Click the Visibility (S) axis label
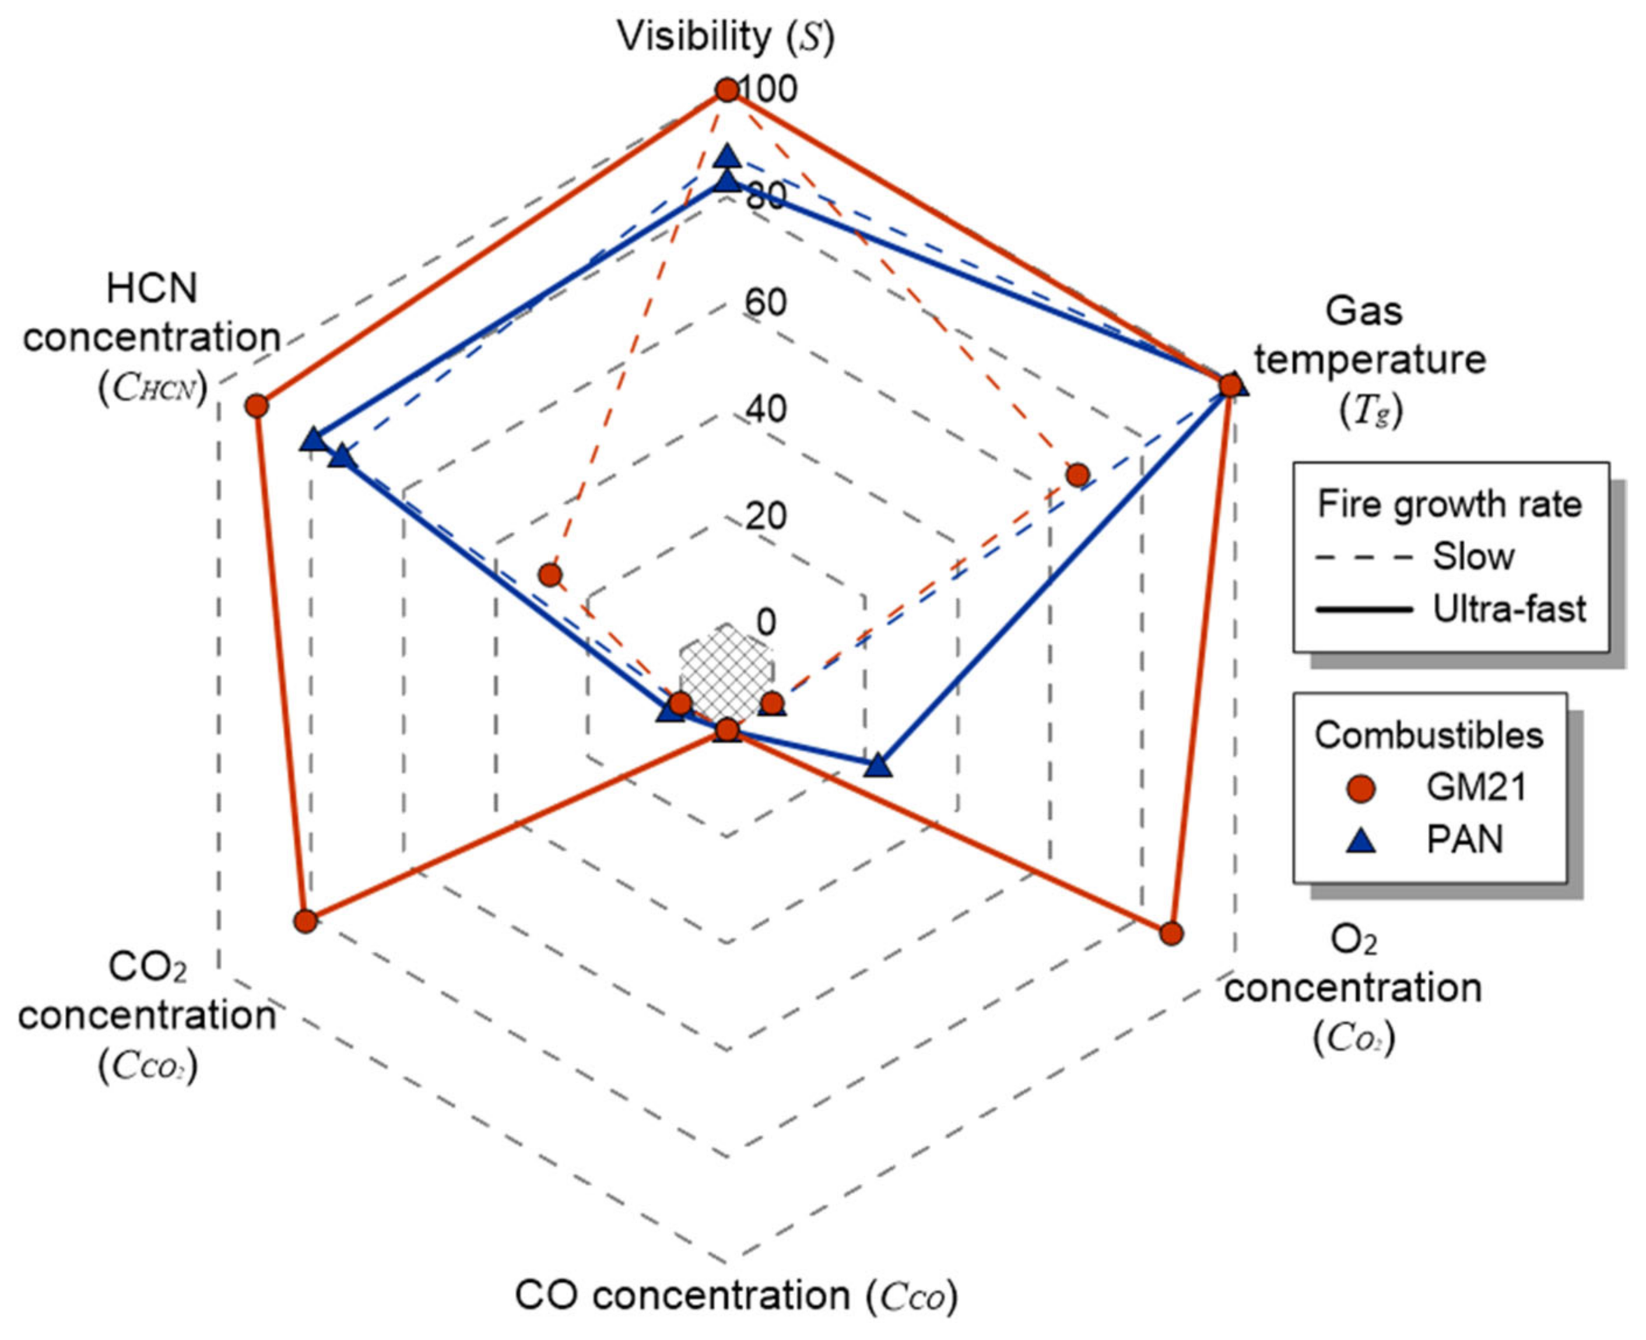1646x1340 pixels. coord(725,36)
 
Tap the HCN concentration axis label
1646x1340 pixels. coord(152,337)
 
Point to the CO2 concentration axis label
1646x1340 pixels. coord(146,1015)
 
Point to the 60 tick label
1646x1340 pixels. coord(766,303)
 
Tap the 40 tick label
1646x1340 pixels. coord(766,409)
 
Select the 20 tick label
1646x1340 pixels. coord(766,515)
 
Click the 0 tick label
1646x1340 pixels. coord(766,622)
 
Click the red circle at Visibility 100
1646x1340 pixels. coord(726,90)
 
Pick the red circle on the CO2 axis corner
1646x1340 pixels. coord(306,921)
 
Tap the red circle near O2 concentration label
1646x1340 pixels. coord(1171,933)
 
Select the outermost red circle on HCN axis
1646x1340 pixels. coord(257,405)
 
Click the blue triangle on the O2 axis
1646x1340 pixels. coord(878,766)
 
